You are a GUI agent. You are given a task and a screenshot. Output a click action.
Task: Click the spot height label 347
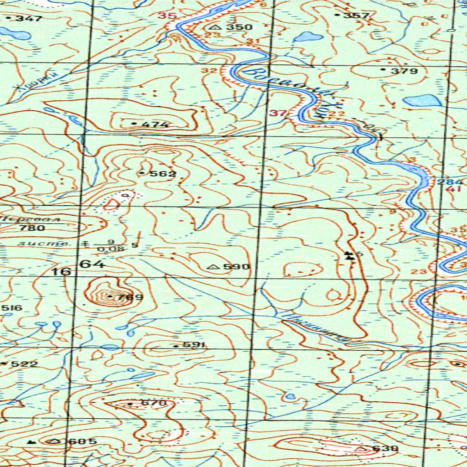[x=28, y=19]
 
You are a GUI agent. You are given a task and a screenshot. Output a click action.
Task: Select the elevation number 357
[x=356, y=16]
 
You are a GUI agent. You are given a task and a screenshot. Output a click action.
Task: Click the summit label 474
[x=155, y=125]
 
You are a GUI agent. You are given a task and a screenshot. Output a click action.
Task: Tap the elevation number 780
[x=36, y=228]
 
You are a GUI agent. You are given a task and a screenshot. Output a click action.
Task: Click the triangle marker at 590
[x=212, y=267]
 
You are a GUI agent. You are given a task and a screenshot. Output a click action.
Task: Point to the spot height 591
[x=193, y=345]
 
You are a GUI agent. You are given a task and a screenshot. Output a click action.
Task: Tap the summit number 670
[x=151, y=404]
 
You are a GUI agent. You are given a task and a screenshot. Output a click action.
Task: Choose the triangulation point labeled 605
[x=56, y=441]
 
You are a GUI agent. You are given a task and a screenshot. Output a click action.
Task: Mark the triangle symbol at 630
[x=363, y=449]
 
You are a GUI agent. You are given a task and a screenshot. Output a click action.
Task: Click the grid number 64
[x=93, y=264]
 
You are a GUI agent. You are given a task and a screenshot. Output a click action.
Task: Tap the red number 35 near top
[x=167, y=16]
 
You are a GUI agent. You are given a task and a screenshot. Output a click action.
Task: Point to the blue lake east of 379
[x=422, y=100]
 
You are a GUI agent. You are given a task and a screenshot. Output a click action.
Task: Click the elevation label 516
[x=12, y=308]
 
